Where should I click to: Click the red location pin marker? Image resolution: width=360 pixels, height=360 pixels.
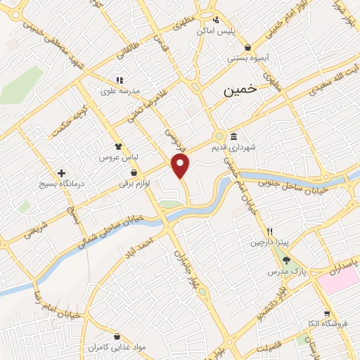181,166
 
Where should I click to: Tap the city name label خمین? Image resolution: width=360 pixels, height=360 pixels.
241,91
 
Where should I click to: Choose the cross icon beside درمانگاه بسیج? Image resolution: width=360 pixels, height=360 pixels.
63,172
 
